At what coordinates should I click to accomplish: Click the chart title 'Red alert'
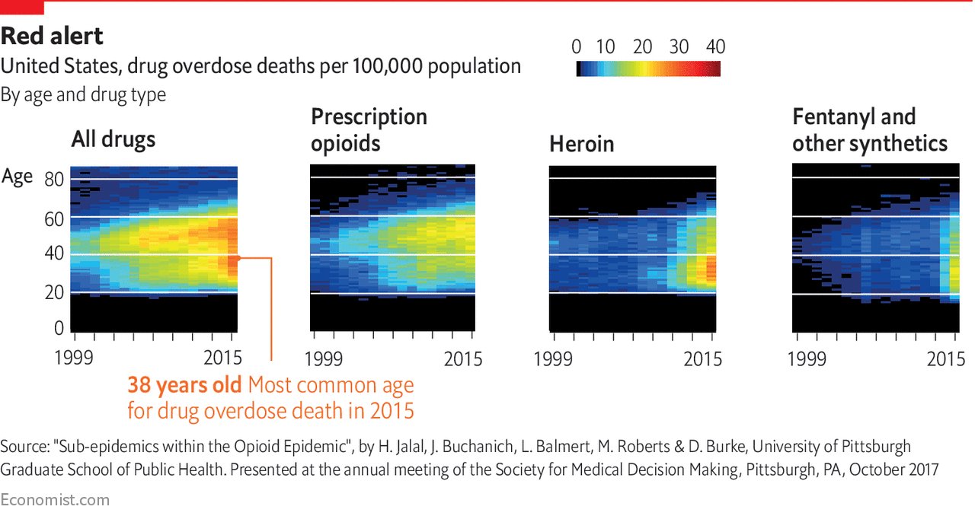[x=53, y=36]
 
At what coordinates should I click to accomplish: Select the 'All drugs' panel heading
[x=113, y=139]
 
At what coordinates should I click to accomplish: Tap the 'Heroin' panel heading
[x=582, y=145]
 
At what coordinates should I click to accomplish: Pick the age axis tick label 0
[x=59, y=328]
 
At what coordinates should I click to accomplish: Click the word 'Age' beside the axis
[x=18, y=177]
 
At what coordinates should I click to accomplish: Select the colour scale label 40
[x=715, y=46]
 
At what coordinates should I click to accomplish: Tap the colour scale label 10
[x=606, y=46]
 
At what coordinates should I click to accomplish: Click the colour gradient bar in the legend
[x=648, y=69]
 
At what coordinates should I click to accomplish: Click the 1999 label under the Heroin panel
[x=553, y=358]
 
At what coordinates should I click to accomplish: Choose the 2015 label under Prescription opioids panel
[x=463, y=358]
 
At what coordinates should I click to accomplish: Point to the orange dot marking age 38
[x=238, y=258]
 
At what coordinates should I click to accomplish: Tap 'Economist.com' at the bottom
[x=55, y=500]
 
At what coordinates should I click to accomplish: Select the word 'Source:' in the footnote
[x=24, y=447]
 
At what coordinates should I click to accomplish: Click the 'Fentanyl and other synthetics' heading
[x=869, y=130]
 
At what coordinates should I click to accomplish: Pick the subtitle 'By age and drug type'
[x=83, y=95]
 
